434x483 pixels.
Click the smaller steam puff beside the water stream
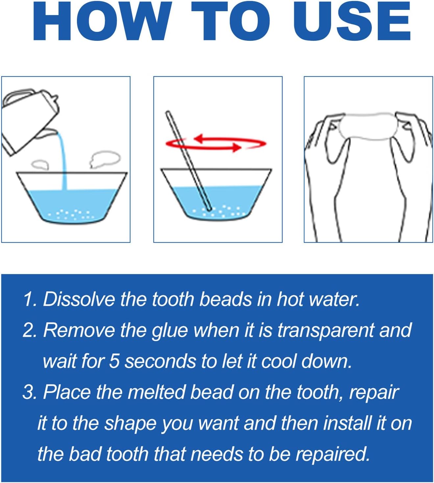tap(40, 164)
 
